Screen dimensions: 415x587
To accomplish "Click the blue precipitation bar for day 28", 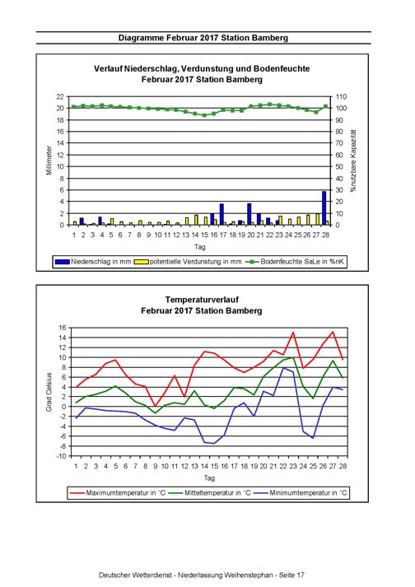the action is click(x=324, y=208).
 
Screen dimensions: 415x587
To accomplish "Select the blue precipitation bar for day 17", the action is click(x=221, y=215).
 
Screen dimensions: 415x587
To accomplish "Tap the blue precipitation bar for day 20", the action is click(x=249, y=214).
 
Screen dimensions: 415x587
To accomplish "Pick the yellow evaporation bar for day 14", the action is click(x=196, y=220).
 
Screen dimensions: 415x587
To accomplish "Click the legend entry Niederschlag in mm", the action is click(x=93, y=262).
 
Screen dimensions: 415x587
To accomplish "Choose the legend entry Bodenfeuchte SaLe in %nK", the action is click(x=295, y=262).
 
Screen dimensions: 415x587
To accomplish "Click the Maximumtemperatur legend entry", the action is click(x=118, y=492).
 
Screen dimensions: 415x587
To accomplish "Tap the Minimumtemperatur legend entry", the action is click(x=300, y=492).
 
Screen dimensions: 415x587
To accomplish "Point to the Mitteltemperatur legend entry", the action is click(x=209, y=492).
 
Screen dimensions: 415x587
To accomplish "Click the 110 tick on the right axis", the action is click(x=341, y=96).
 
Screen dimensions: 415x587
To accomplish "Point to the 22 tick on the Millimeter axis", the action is click(x=60, y=96).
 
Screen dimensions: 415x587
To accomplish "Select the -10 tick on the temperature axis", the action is click(x=62, y=456).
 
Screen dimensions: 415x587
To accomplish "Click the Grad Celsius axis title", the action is click(x=49, y=392).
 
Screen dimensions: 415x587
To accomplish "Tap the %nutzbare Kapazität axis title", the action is click(x=353, y=161).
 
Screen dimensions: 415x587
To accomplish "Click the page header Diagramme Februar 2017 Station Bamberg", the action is click(x=203, y=38).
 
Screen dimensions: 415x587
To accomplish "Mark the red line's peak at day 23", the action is click(x=293, y=332).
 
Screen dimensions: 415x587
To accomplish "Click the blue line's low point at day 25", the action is click(x=313, y=438).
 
